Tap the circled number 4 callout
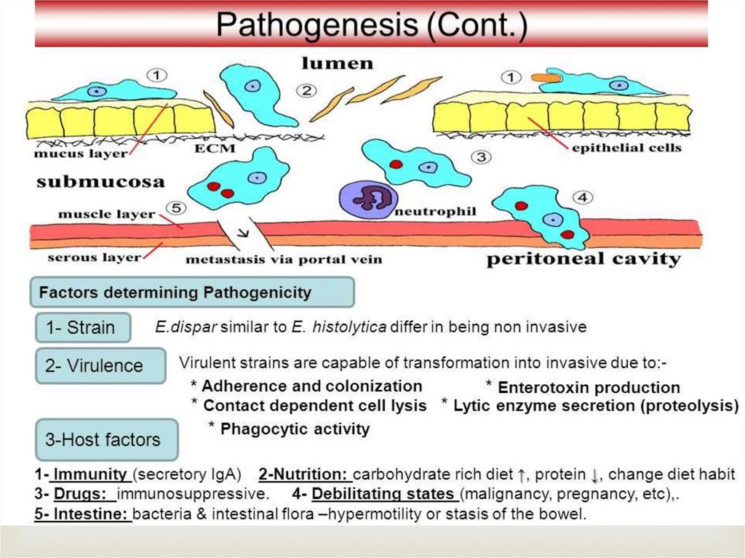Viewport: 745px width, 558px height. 582,197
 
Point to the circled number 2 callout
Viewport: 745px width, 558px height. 306,91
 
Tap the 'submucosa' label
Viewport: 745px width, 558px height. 100,182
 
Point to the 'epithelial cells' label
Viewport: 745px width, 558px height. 626,148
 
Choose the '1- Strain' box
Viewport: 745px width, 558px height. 84,327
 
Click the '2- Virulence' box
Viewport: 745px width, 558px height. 100,366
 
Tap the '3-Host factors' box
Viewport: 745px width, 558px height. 107,439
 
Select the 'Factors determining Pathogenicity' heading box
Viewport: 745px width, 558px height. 191,292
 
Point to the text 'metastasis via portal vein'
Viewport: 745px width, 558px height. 284,259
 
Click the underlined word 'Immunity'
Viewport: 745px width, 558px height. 89,474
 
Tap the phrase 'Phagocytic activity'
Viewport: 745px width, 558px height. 294,429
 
